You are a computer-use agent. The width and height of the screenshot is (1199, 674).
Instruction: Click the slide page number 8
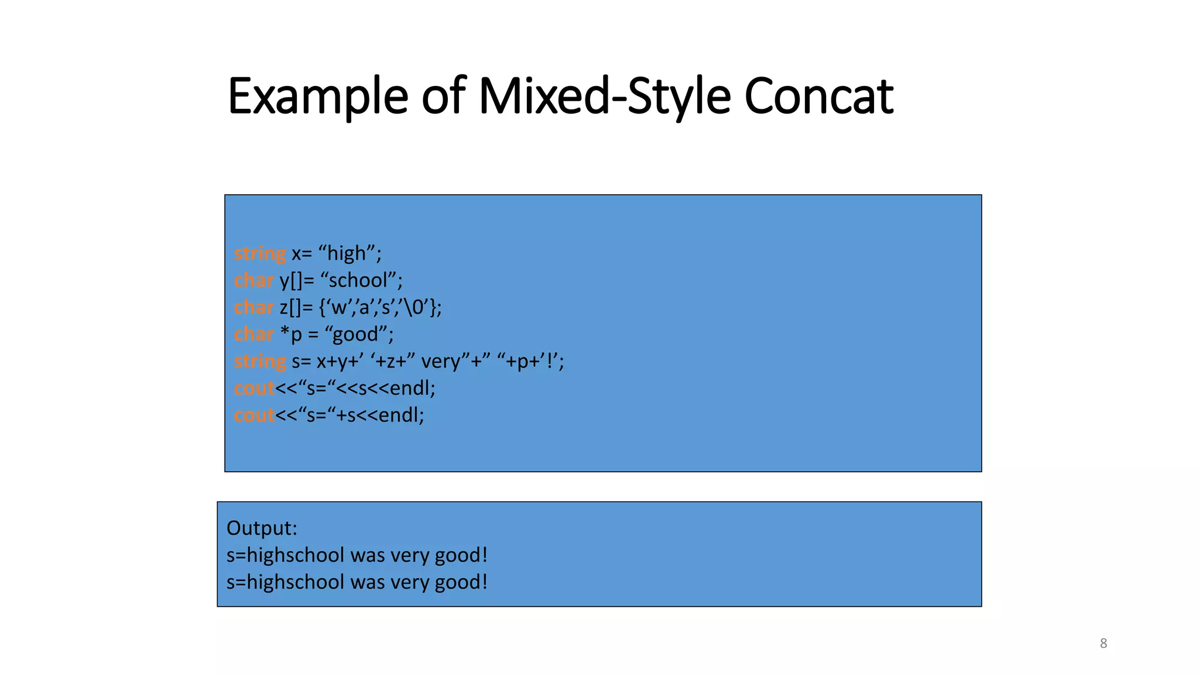(1103, 644)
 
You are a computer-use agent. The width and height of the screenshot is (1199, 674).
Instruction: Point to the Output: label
(262, 528)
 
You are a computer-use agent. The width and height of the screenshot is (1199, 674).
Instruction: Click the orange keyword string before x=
(260, 253)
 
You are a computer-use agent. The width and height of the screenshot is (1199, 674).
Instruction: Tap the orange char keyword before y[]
(253, 280)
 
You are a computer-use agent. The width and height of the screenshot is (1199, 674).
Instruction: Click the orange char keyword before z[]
(253, 307)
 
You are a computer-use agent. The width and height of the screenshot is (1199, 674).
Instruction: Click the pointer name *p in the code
(291, 334)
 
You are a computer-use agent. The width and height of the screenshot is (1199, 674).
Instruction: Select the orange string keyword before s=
(260, 361)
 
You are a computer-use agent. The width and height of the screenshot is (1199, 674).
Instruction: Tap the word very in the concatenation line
(440, 361)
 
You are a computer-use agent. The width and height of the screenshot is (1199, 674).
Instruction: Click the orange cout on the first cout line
(254, 388)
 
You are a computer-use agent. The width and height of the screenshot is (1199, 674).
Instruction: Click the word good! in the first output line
(461, 555)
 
